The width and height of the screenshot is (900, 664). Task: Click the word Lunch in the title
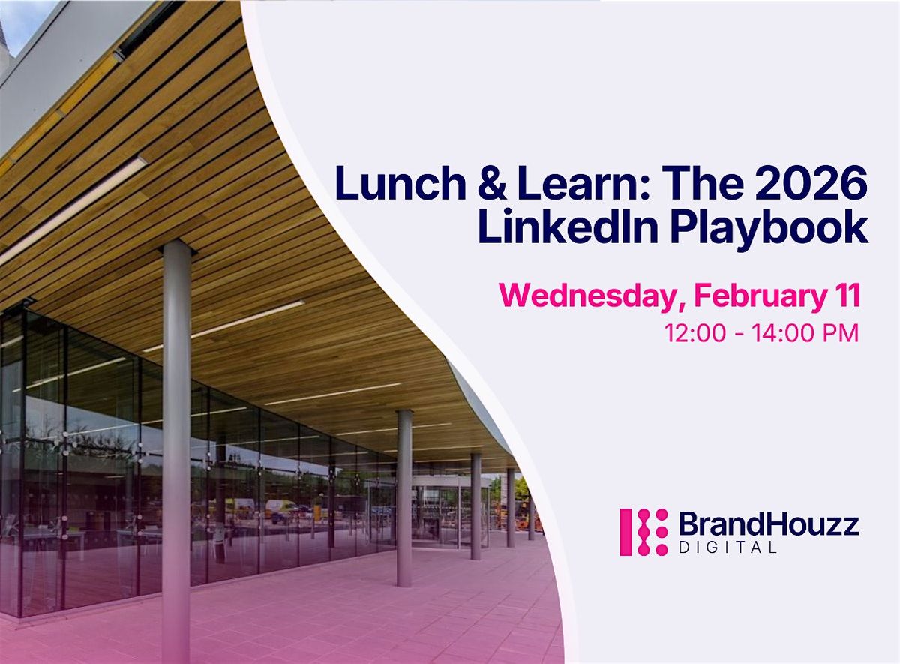[400, 183]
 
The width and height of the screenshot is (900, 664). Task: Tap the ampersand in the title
[492, 184]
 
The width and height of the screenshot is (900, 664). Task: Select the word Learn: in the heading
[584, 183]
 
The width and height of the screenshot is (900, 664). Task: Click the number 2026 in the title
[811, 183]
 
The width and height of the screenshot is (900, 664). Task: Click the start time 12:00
[695, 333]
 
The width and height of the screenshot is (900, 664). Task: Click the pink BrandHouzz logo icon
[643, 532]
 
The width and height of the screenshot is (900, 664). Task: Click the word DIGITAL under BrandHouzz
[727, 548]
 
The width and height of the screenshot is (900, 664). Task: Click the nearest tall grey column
[176, 450]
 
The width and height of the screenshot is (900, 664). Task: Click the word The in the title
[703, 183]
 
